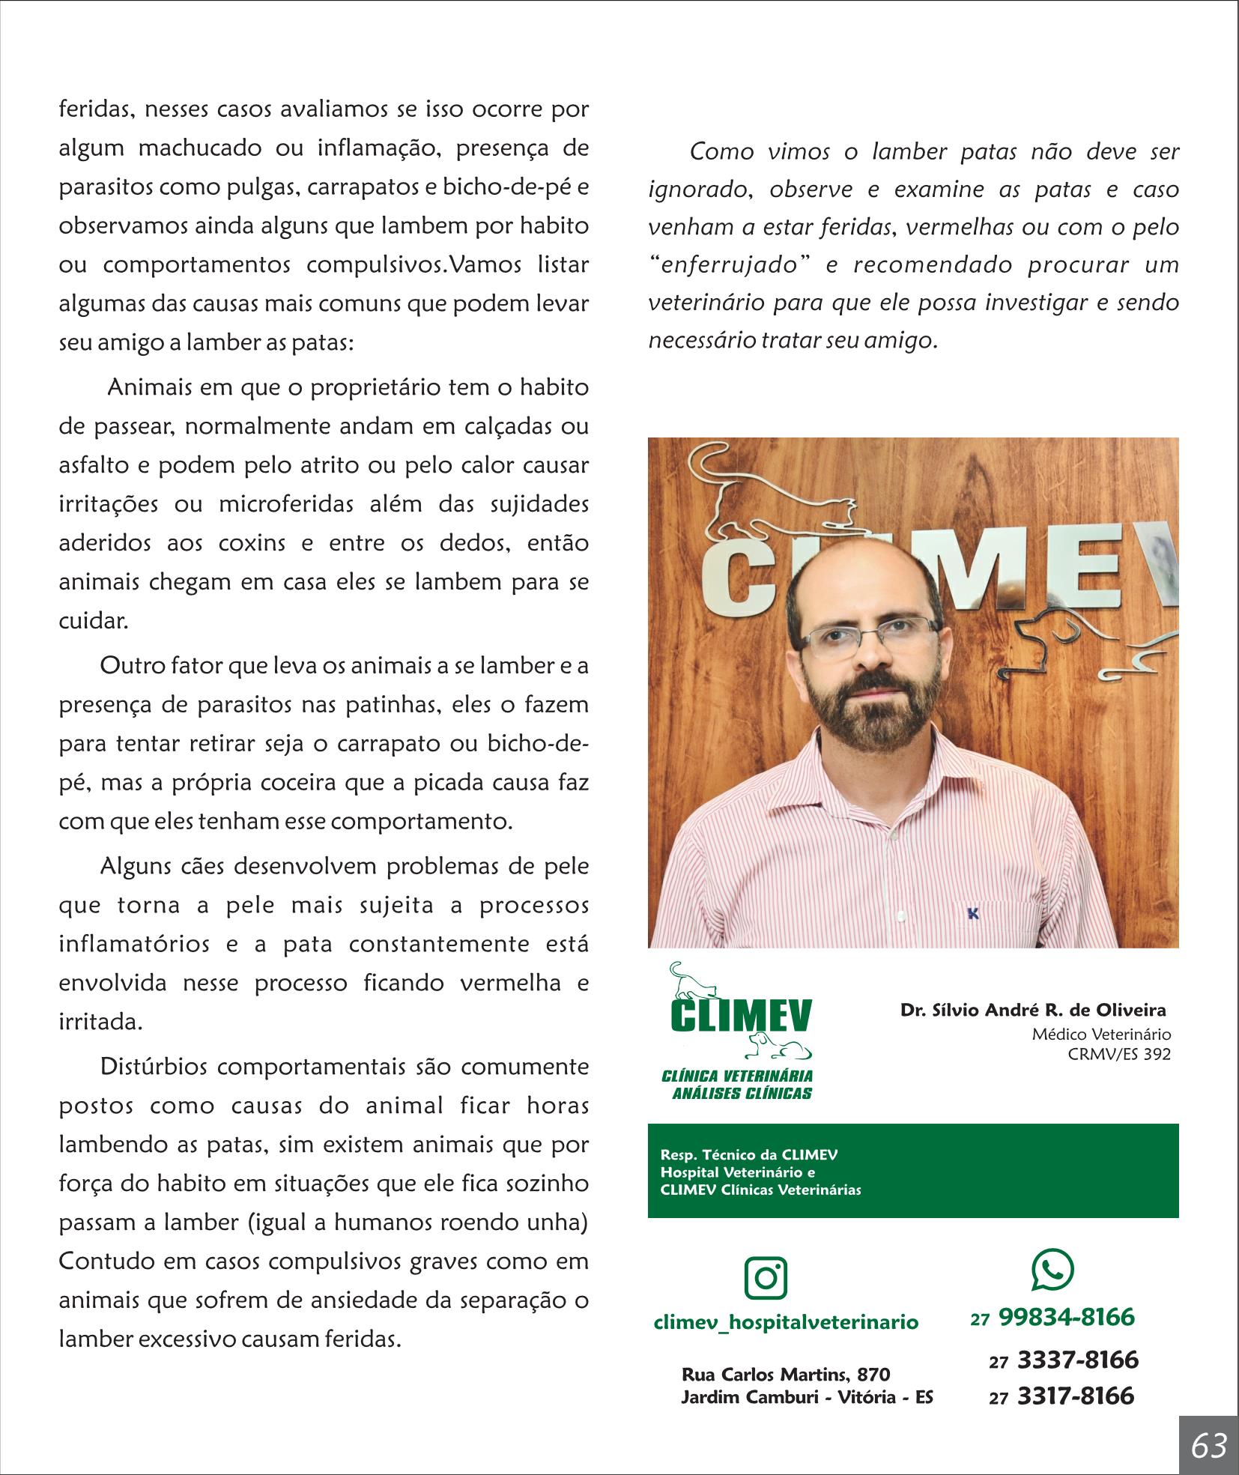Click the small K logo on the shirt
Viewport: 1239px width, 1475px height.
972,914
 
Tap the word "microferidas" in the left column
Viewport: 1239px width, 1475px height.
285,504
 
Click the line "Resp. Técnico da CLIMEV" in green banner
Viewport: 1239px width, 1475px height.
748,1175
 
